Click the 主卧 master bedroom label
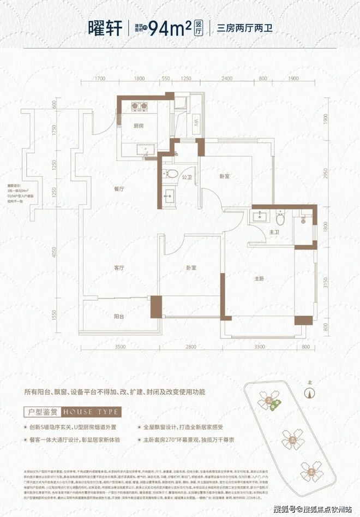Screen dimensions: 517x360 tap(260, 278)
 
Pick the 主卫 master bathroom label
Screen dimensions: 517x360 tap(274, 232)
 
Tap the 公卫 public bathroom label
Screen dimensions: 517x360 tap(186, 177)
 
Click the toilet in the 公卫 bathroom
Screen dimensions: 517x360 tap(171, 174)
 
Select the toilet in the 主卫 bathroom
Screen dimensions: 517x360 tap(280, 218)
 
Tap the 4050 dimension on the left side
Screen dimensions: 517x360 tap(55, 253)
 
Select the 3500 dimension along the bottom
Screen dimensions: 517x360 tap(113, 347)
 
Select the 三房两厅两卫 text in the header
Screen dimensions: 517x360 tap(244, 26)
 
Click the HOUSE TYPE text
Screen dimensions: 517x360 tap(91, 411)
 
